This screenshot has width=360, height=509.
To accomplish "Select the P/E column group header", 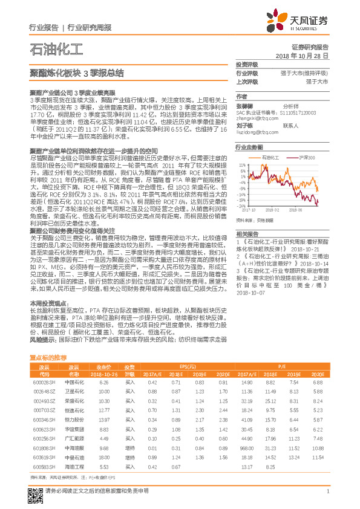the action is click(282, 366).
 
